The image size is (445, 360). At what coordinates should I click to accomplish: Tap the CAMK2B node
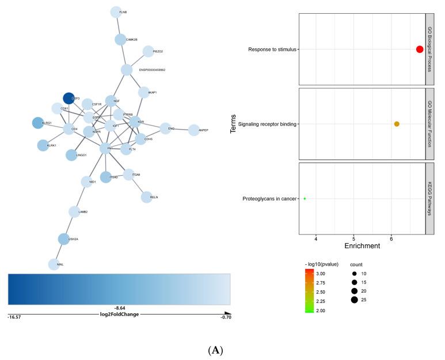[x=120, y=40]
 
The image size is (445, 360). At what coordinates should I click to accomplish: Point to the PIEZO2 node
[x=148, y=51]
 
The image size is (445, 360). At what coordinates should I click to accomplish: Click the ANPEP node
[x=194, y=130]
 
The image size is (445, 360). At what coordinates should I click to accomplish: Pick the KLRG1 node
[x=37, y=123]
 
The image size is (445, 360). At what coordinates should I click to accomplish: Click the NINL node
[x=55, y=264]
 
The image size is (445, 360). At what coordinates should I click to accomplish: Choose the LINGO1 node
[x=71, y=155]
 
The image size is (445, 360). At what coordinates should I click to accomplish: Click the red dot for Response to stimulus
[x=420, y=50]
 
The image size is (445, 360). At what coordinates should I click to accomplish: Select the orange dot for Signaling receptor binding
[x=397, y=124]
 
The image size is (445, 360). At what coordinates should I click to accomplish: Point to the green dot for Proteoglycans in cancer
[x=305, y=199]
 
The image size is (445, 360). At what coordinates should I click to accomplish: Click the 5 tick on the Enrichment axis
[x=353, y=238]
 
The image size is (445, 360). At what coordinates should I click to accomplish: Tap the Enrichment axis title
[x=362, y=246]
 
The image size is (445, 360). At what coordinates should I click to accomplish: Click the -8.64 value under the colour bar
[x=120, y=293]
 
